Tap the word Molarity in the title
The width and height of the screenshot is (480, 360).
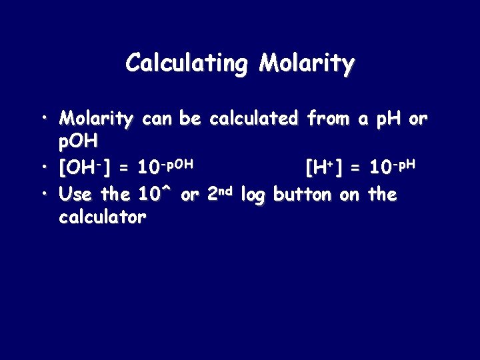[x=307, y=64]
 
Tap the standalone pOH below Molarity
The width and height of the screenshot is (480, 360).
[x=79, y=141]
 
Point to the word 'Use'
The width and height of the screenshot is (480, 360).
[x=75, y=195]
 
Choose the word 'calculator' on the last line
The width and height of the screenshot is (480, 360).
[x=102, y=217]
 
